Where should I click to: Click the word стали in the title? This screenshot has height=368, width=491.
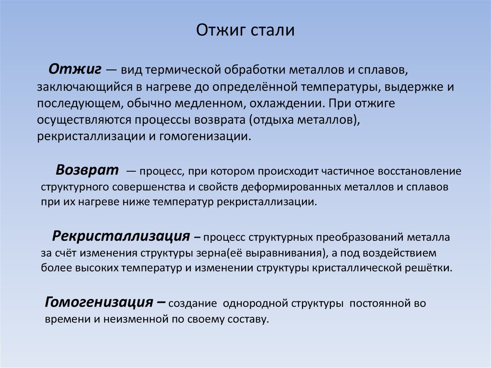pos(272,30)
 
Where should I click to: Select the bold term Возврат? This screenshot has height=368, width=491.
pos(87,170)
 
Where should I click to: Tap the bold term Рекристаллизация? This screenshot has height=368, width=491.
pos(121,236)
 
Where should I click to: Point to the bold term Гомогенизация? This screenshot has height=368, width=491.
pos(99,302)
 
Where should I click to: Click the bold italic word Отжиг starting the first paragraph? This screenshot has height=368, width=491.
pos(75,69)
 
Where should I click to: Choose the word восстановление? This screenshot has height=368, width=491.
pos(420,171)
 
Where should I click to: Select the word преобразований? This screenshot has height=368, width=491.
pos(359,237)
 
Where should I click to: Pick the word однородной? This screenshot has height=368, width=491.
pos(254,304)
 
